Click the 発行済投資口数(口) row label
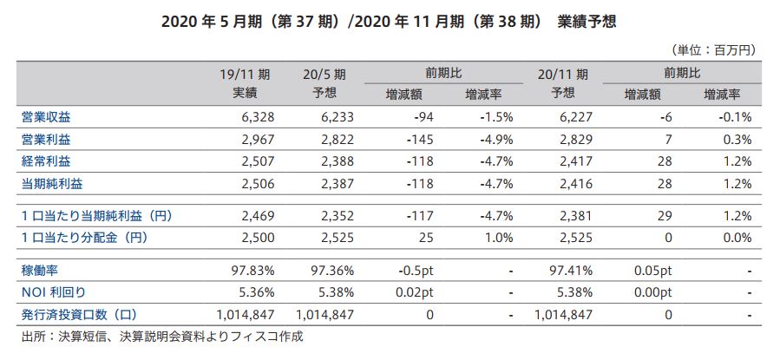coord(80,314)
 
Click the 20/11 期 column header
coord(563,74)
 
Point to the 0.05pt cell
coord(654,271)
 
